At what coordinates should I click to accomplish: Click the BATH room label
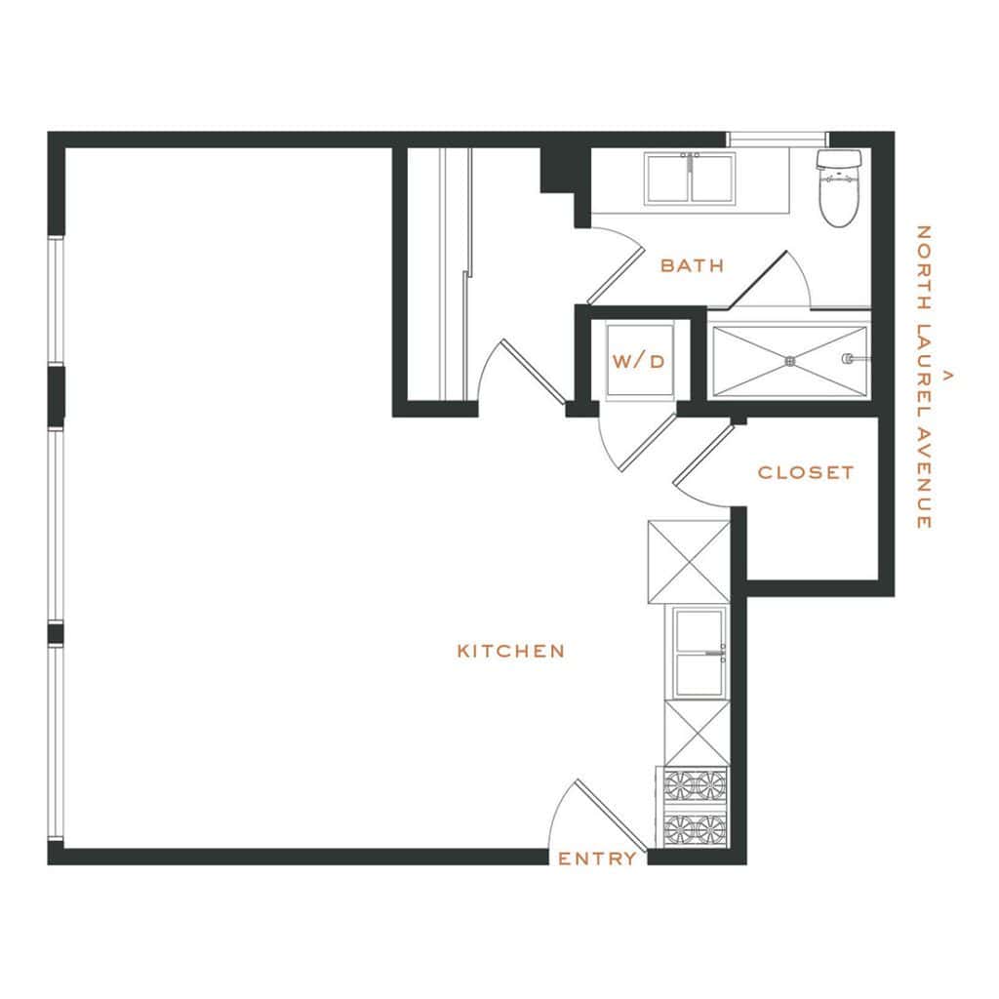tap(692, 265)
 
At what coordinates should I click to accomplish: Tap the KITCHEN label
tap(511, 651)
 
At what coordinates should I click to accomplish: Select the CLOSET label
tap(805, 472)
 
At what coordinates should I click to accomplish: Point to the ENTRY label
tap(597, 859)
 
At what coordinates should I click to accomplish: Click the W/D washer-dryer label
tap(638, 362)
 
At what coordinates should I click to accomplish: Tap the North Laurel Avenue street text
tap(923, 377)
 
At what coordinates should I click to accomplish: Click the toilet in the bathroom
tap(838, 187)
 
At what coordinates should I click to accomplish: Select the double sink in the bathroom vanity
tap(690, 178)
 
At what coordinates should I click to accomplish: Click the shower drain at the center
tap(790, 361)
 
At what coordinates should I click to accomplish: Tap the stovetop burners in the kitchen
tap(695, 807)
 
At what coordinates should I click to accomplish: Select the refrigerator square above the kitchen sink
tap(689, 561)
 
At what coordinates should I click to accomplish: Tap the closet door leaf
tap(704, 455)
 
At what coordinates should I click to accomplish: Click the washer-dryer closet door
tap(648, 442)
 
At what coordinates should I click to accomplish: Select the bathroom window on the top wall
tap(777, 139)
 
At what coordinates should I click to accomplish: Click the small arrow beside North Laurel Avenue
tap(947, 376)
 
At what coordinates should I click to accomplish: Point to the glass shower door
tap(758, 280)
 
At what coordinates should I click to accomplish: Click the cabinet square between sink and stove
tap(697, 732)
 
